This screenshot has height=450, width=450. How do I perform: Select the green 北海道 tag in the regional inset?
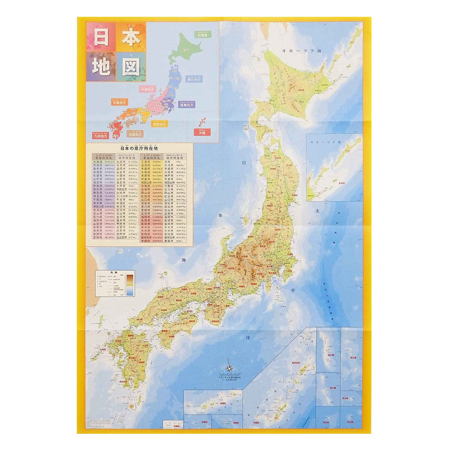click(203, 35)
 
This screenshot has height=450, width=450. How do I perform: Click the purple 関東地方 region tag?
click(187, 105)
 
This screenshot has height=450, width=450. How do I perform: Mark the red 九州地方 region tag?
click(100, 136)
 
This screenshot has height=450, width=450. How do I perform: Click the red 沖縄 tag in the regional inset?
click(202, 132)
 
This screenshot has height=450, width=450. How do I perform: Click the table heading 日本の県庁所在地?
click(139, 148)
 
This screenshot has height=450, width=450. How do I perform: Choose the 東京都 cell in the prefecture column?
click(98, 203)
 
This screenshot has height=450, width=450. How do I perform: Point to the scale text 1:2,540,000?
click(229, 379)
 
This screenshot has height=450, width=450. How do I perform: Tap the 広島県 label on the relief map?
click(164, 310)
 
